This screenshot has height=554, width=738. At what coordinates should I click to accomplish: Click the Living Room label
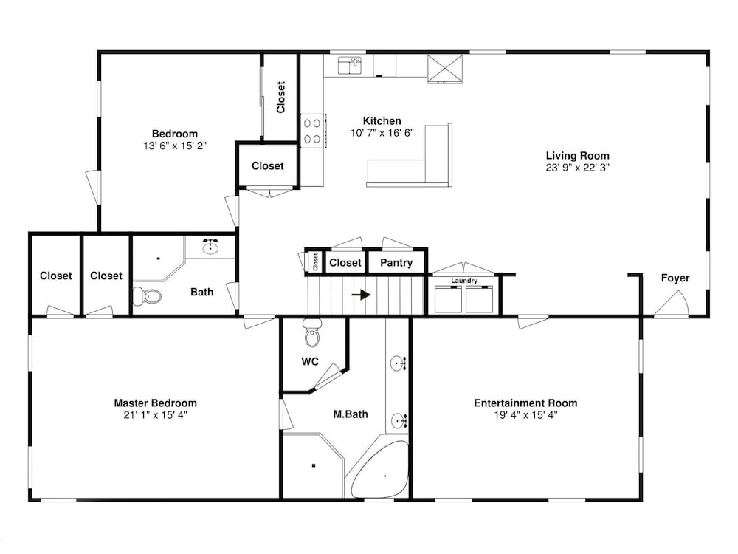tap(578, 155)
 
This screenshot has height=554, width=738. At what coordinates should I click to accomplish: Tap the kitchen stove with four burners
tap(312, 131)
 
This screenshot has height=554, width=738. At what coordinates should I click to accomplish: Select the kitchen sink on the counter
tap(349, 66)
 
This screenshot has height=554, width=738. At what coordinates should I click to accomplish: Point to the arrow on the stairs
tap(362, 295)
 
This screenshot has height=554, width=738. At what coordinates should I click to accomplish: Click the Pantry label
tap(396, 263)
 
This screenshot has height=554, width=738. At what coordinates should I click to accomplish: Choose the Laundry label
tap(464, 281)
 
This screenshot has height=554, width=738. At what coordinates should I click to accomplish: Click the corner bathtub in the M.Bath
tap(379, 469)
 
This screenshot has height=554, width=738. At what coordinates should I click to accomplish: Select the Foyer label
tap(675, 278)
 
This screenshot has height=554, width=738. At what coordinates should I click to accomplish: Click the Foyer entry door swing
tap(672, 304)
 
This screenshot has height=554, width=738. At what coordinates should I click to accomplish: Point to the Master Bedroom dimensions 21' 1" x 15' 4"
tap(155, 415)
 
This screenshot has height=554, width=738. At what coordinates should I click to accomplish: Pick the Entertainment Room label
tap(525, 403)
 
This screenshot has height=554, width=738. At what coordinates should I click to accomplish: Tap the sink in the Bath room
tap(210, 247)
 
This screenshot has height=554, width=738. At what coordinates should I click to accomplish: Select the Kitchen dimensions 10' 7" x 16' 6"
tap(382, 133)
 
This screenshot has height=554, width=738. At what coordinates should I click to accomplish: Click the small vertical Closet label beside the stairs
tap(315, 262)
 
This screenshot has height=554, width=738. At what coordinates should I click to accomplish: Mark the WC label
tap(310, 361)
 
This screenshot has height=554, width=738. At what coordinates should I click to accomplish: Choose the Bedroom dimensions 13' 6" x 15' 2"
tap(175, 146)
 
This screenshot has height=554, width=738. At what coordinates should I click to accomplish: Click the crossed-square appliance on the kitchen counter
tap(445, 69)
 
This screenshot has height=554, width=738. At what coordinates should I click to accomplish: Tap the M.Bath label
tap(351, 414)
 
